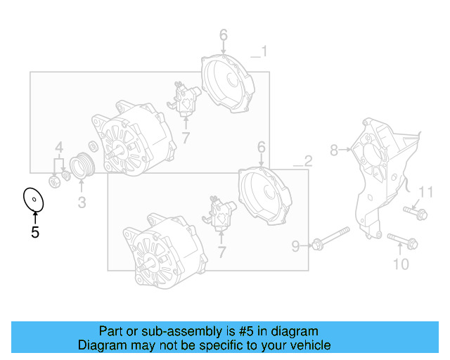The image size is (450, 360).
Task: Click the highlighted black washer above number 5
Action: tap(33, 199)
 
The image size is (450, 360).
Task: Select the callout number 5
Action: tap(34, 232)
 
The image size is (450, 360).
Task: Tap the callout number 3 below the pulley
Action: tap(82, 203)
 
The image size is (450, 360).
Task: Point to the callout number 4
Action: tap(60, 148)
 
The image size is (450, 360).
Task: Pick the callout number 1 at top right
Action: tap(263, 51)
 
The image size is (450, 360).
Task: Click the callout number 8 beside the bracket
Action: tap(335, 149)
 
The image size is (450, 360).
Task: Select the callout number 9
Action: tap(296, 245)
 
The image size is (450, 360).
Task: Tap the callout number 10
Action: tap(400, 264)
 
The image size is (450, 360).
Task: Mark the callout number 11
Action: tap(427, 193)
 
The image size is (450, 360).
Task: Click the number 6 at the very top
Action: tap(223, 35)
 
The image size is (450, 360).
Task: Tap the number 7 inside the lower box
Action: tap(222, 251)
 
